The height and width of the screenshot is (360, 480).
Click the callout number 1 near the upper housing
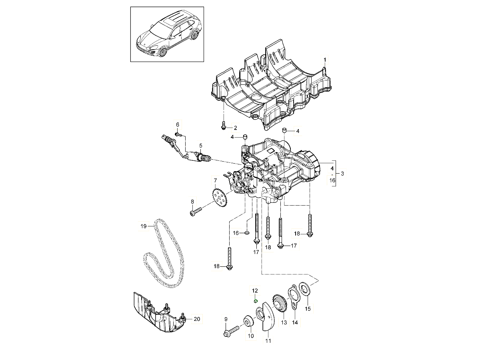[325, 60]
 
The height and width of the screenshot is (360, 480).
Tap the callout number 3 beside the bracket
[342, 173]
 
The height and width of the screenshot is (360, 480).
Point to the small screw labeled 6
[180, 135]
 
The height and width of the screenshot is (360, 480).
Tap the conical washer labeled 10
[248, 321]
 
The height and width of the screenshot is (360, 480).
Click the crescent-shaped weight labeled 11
[265, 318]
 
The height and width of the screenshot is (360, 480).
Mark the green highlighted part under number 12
[255, 301]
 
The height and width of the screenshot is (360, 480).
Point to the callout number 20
[196, 319]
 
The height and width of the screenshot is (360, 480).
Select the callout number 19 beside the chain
[144, 226]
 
